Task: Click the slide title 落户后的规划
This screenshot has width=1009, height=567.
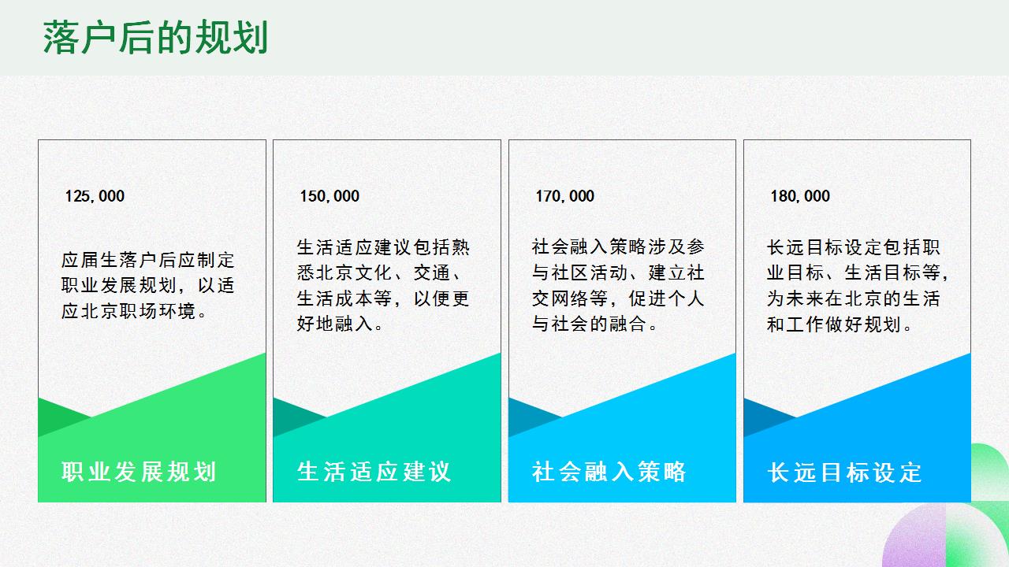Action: coord(155,39)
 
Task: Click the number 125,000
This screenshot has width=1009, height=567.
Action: coord(95,196)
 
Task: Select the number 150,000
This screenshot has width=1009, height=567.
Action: coord(330,196)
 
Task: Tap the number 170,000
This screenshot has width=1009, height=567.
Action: coord(565,196)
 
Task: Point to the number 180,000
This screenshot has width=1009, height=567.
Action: coord(800,196)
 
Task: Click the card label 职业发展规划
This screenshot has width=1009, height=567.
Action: coord(139,472)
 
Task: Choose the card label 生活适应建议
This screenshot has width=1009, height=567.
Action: coord(374,472)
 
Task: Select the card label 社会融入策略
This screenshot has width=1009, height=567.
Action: coord(609,472)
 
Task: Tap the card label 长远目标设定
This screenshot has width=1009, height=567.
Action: coord(844,472)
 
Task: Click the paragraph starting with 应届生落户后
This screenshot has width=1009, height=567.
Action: coord(148,285)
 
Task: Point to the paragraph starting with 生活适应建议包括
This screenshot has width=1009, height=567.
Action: coord(383,285)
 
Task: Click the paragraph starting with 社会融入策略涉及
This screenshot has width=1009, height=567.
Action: coord(618,285)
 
